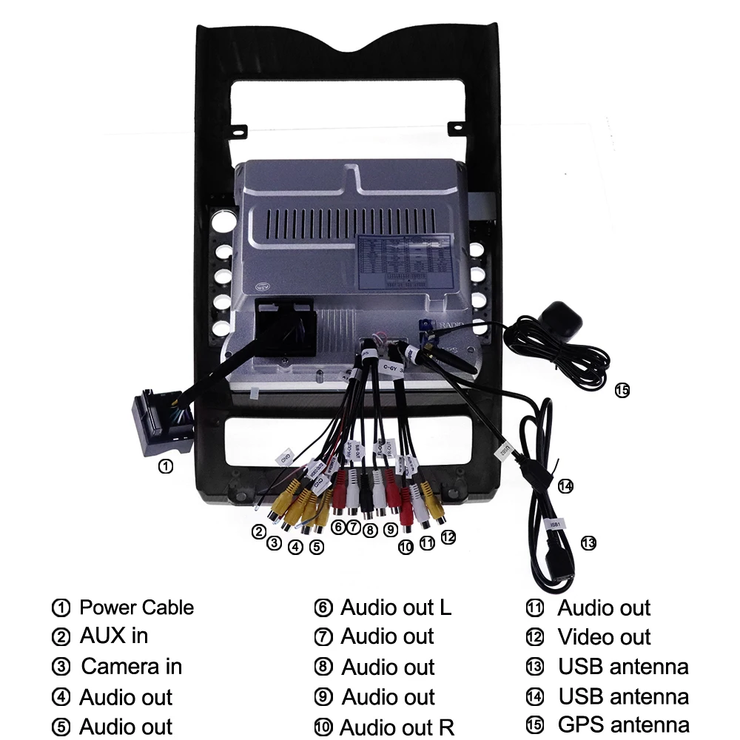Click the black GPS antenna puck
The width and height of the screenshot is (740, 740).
pyautogui.click(x=562, y=319)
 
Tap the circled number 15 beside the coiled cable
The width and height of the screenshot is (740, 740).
pyautogui.click(x=622, y=390)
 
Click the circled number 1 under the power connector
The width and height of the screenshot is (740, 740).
pyautogui.click(x=166, y=466)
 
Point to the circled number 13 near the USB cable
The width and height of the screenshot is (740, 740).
pyautogui.click(x=588, y=543)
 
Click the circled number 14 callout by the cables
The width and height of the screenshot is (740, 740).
pyautogui.click(x=565, y=486)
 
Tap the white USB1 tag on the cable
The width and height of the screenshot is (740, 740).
pyautogui.click(x=554, y=524)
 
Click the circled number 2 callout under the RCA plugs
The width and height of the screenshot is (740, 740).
pyautogui.click(x=258, y=531)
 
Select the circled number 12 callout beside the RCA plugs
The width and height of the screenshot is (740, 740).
pyautogui.click(x=448, y=537)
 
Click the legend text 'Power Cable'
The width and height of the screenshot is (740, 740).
pyautogui.click(x=136, y=608)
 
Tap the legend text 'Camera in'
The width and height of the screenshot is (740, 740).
pyautogui.click(x=131, y=666)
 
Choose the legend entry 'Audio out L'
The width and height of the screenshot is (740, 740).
pyautogui.click(x=395, y=608)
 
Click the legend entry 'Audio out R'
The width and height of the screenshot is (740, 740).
pyautogui.click(x=397, y=727)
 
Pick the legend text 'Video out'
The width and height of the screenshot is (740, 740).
pyautogui.click(x=604, y=636)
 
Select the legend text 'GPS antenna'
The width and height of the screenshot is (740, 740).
pyautogui.click(x=623, y=724)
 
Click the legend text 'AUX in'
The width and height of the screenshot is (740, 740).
pyautogui.click(x=113, y=636)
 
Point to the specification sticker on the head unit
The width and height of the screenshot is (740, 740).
pyautogui.click(x=405, y=261)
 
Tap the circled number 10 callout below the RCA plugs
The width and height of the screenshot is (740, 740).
pyautogui.click(x=405, y=548)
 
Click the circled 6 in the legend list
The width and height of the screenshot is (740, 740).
pyautogui.click(x=323, y=608)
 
